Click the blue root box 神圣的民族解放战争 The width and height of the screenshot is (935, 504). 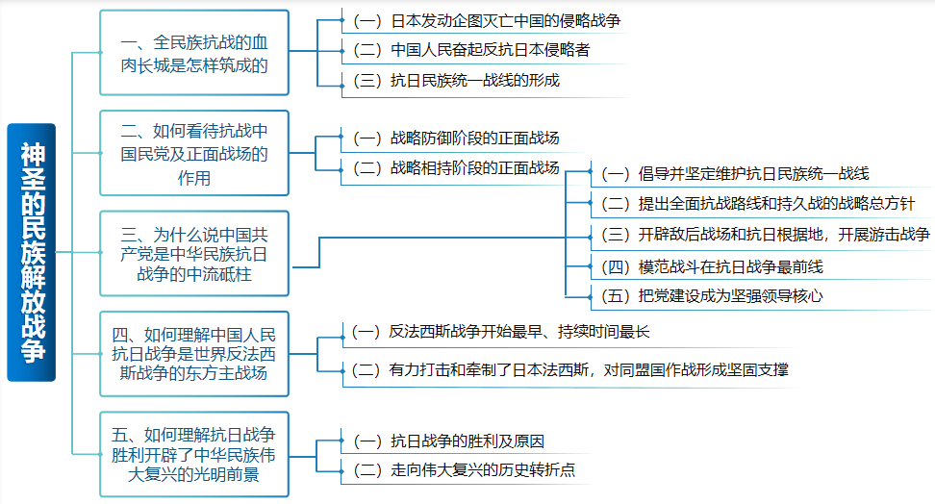click(x=31, y=252)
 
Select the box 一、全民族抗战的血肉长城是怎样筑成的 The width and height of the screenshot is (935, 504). click(x=193, y=54)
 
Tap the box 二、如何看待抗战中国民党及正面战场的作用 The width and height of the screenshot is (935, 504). click(x=193, y=154)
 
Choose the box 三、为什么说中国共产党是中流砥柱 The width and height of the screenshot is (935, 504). click(x=193, y=254)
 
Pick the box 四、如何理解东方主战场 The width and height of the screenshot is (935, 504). click(x=193, y=353)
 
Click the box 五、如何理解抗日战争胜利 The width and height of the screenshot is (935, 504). click(x=193, y=453)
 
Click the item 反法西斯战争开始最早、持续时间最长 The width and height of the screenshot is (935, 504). click(x=500, y=332)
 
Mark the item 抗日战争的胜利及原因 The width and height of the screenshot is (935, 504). click(x=448, y=441)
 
